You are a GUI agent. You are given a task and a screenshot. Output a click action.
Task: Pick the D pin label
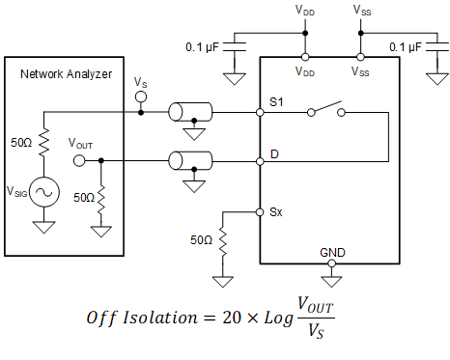click(x=274, y=152)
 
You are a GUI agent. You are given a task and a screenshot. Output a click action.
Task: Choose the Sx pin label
click(x=275, y=210)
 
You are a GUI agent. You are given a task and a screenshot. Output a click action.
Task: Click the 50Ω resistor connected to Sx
click(x=221, y=238)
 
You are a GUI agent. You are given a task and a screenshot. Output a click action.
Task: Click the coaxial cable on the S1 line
click(x=189, y=112)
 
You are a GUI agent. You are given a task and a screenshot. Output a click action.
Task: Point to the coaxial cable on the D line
click(x=189, y=159)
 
